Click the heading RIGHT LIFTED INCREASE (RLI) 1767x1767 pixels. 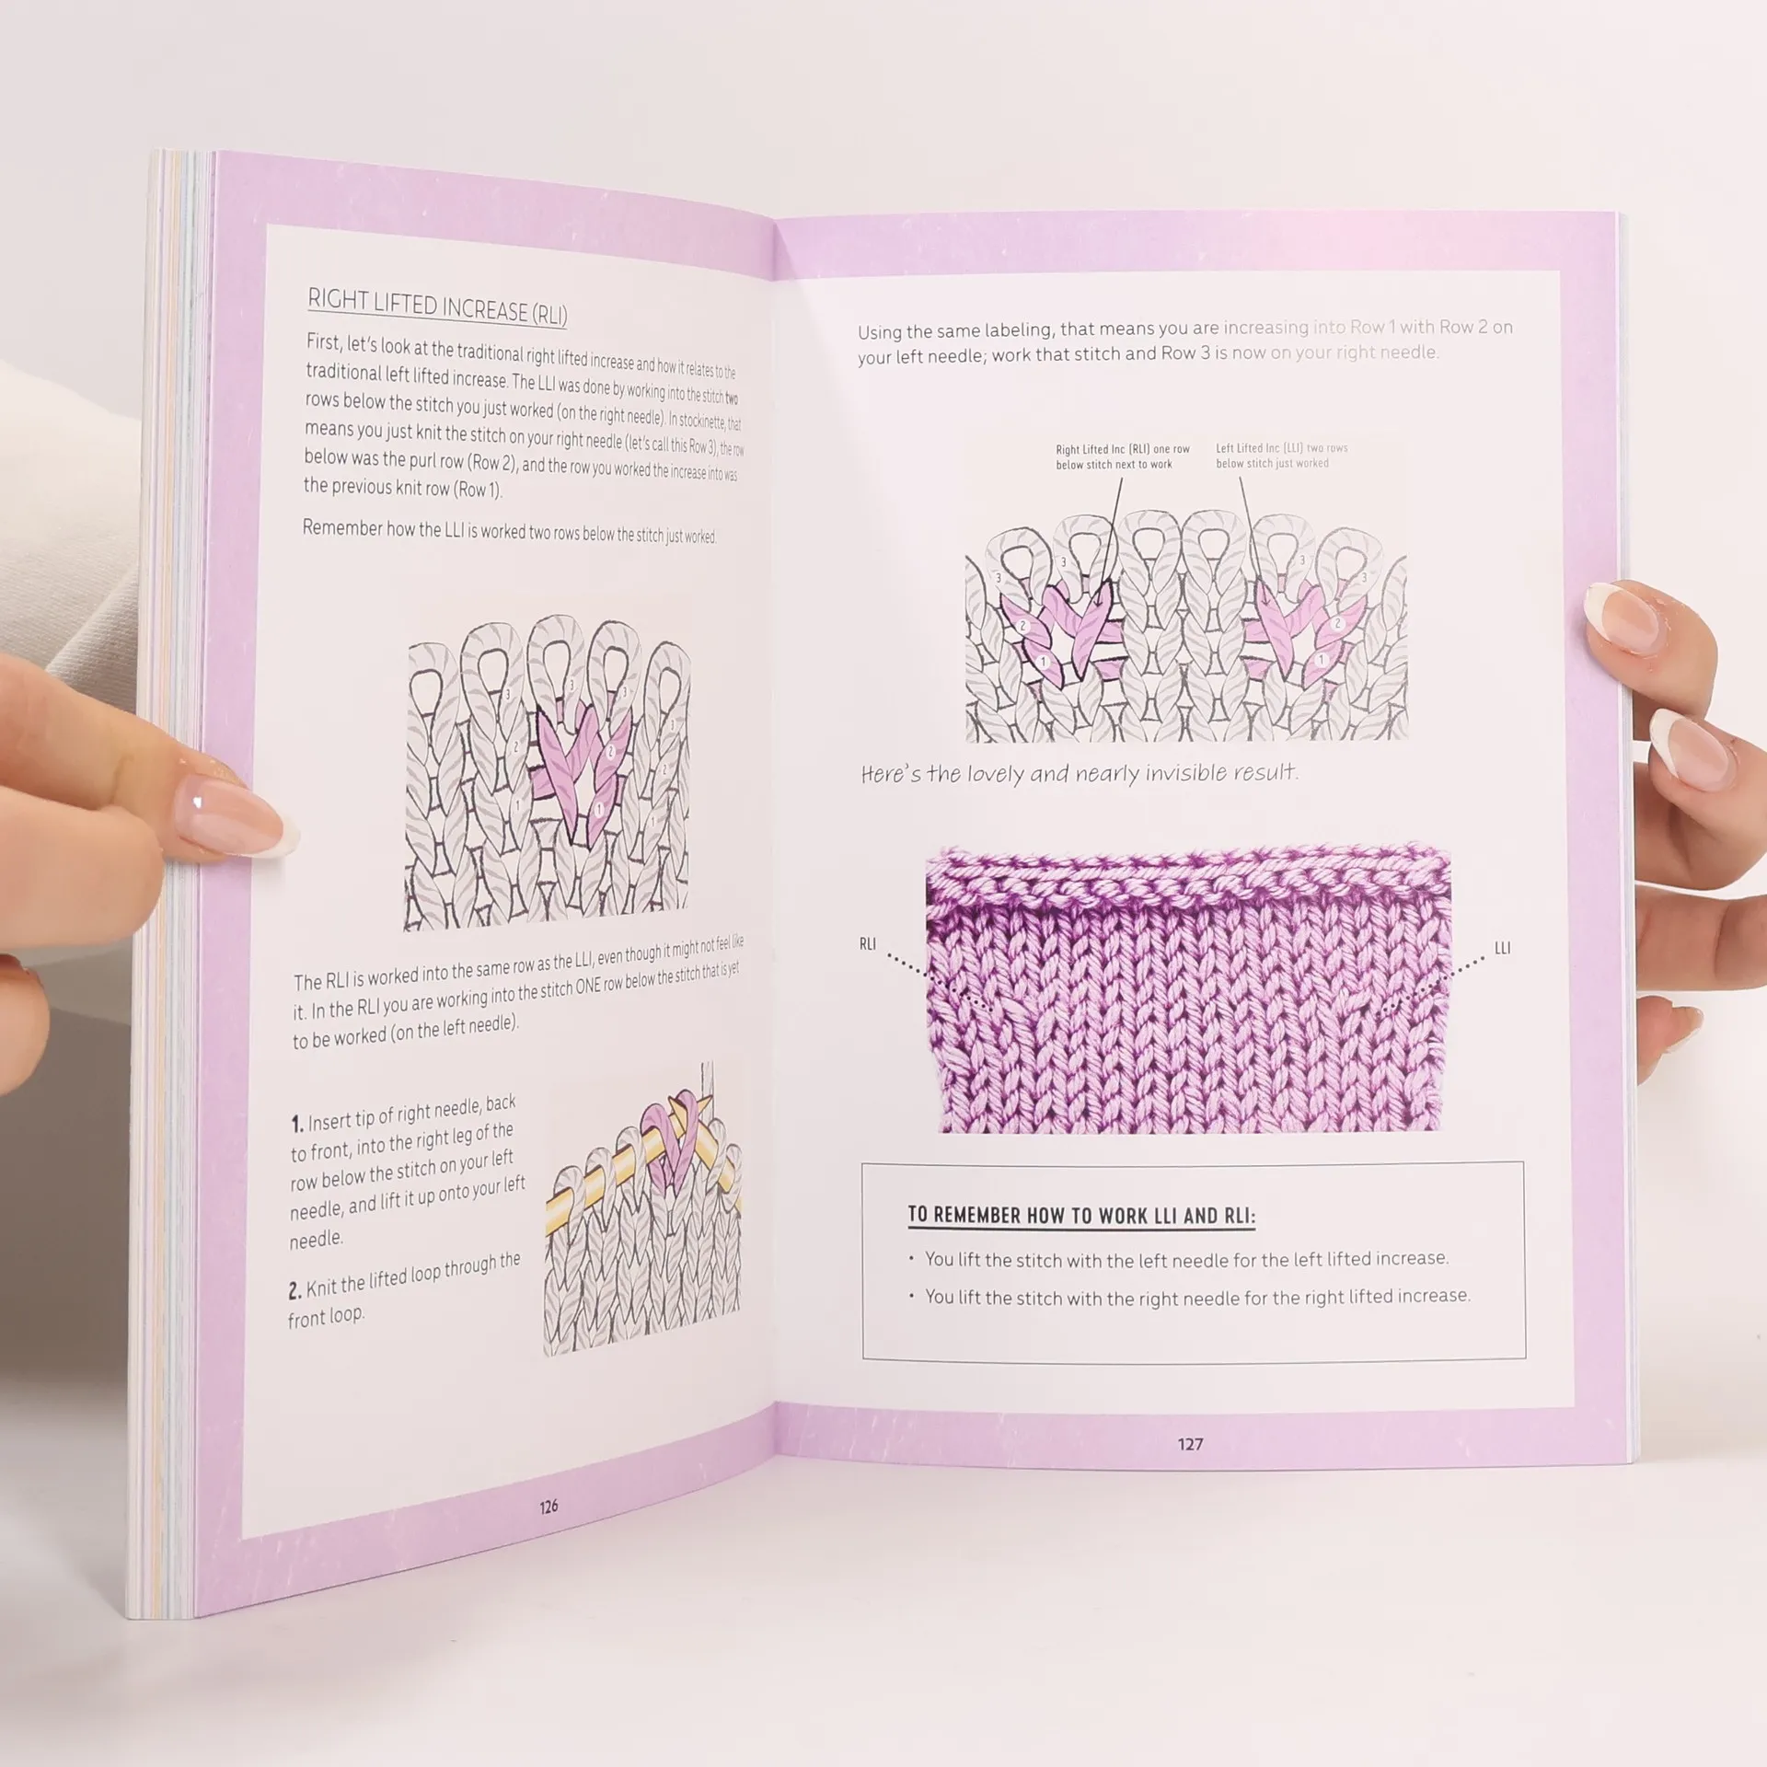(437, 306)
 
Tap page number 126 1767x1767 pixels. (549, 1507)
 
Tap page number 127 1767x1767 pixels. (1190, 1444)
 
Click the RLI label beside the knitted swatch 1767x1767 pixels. (867, 943)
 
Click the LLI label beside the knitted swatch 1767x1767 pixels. (1502, 948)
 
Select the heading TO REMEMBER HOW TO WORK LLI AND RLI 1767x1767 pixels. (1081, 1215)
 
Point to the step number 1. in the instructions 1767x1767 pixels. (297, 1124)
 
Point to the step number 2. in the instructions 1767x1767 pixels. (294, 1290)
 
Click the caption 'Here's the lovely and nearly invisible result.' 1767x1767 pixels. (1079, 773)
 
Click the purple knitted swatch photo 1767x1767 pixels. (1188, 989)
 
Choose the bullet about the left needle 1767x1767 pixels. (1186, 1257)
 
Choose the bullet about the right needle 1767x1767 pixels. (1197, 1296)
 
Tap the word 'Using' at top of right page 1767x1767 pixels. (880, 332)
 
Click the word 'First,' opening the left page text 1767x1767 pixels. (324, 342)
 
